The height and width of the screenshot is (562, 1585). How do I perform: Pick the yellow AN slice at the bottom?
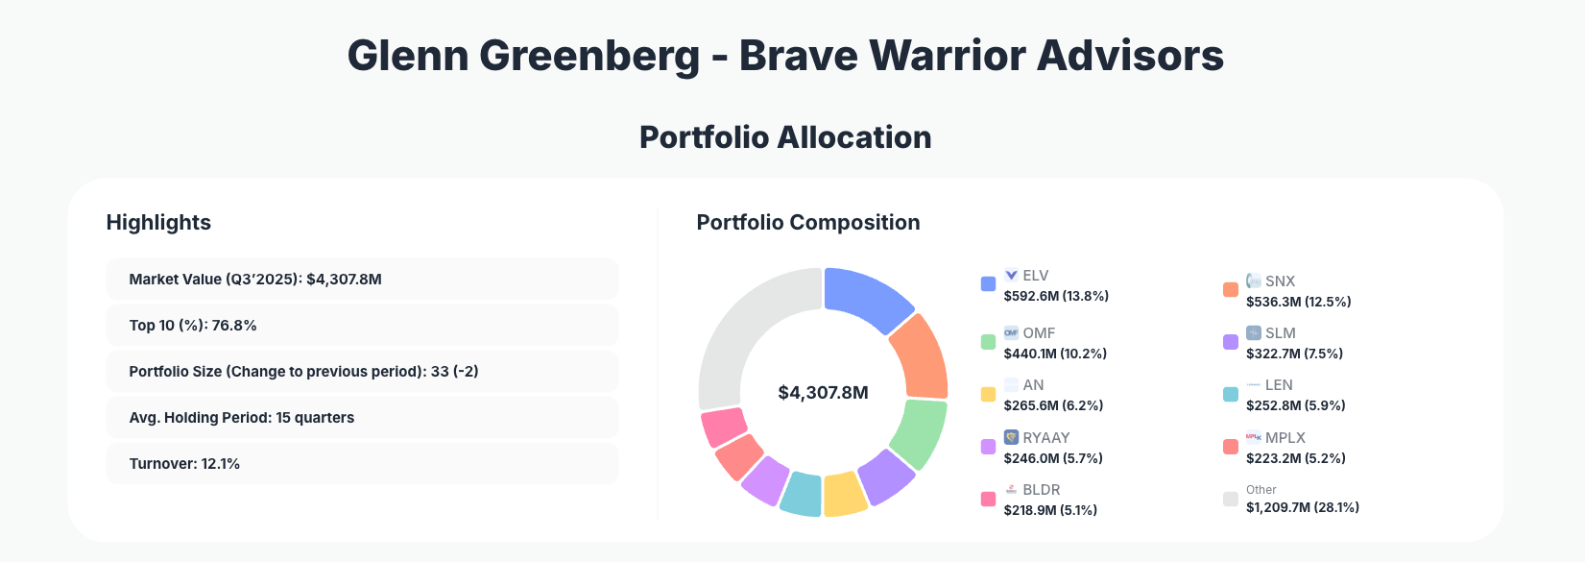tap(844, 494)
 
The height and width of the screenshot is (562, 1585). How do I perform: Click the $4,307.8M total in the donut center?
tap(823, 393)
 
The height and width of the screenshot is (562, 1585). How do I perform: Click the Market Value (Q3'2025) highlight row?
tap(361, 280)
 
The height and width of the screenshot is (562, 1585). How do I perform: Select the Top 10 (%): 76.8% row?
tap(361, 326)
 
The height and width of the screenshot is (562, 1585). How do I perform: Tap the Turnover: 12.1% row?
tap(361, 464)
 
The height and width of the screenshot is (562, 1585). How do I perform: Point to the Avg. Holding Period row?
tap(361, 418)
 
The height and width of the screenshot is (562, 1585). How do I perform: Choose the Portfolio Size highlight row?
tap(361, 372)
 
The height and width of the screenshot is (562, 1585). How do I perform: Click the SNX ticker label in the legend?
tap(1280, 281)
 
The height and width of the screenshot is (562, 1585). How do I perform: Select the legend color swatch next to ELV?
tap(988, 283)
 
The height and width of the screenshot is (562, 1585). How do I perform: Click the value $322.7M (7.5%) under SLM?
tap(1294, 354)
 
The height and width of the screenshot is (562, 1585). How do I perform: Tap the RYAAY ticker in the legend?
tap(1045, 437)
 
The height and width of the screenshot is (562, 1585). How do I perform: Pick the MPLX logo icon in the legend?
tap(1253, 437)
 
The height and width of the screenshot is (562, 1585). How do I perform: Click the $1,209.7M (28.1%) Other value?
tap(1302, 507)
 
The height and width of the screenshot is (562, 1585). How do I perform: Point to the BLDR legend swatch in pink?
tap(988, 499)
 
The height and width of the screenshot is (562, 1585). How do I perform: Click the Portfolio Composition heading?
tap(807, 223)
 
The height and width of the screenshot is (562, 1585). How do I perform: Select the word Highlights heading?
tap(158, 223)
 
